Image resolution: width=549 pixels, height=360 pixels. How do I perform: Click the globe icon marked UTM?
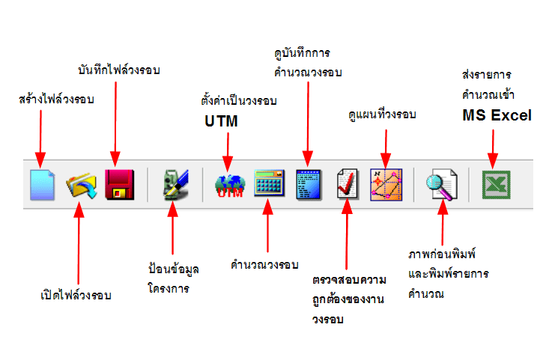(230, 184)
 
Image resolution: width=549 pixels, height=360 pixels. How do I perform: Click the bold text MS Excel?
(497, 116)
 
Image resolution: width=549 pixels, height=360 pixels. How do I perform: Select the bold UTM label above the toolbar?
(221, 120)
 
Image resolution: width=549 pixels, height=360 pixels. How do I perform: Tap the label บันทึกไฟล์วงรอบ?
(119, 70)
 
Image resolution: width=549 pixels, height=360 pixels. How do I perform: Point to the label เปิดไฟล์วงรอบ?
(76, 294)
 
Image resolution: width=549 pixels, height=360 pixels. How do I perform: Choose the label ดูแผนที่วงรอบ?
(383, 115)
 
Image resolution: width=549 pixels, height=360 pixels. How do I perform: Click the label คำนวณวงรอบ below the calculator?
(265, 265)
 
